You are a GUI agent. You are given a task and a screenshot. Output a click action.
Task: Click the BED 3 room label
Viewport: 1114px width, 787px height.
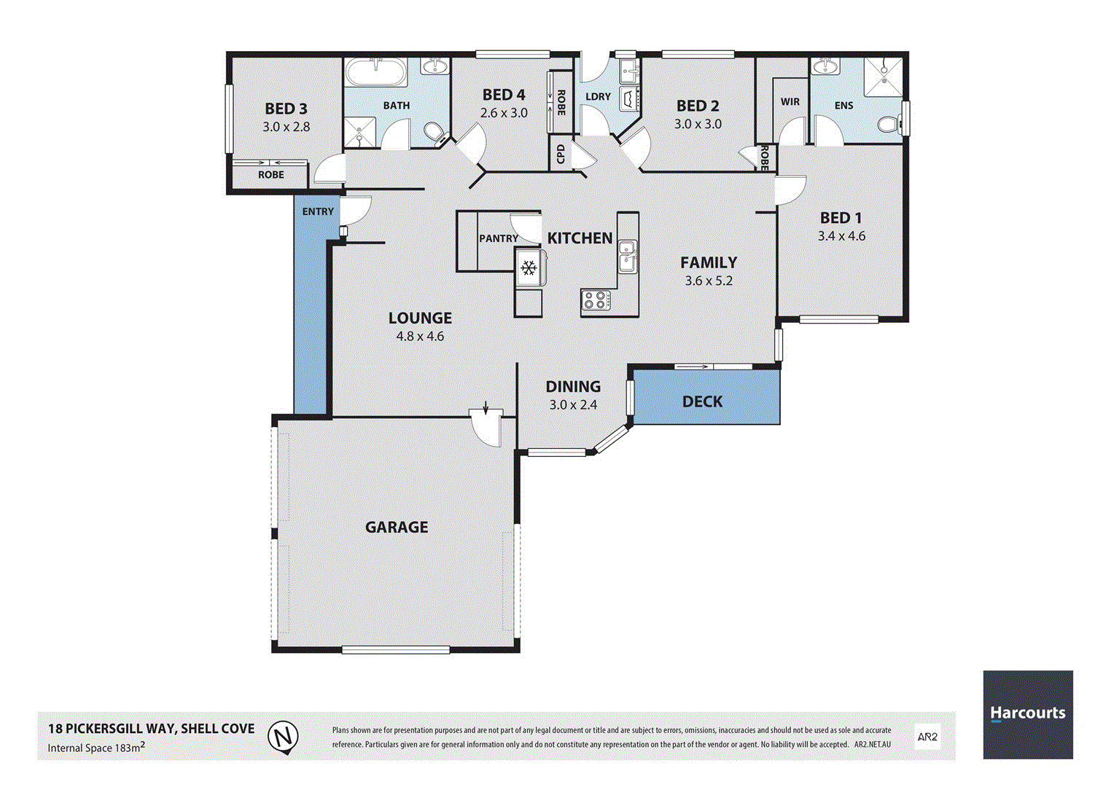coord(286,109)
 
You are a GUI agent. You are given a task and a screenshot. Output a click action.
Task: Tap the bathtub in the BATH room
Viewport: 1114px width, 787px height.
coord(376,73)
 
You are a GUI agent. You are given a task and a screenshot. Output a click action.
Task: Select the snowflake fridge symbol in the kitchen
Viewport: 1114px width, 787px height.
coord(529,268)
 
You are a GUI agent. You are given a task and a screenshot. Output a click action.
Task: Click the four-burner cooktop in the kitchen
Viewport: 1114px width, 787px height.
coord(596,299)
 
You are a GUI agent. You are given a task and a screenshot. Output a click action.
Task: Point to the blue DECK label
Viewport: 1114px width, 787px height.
coord(702,402)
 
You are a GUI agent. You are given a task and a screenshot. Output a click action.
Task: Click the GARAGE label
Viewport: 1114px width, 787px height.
coord(397,527)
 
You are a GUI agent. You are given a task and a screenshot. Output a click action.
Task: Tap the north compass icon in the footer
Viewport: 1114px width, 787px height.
coord(282,736)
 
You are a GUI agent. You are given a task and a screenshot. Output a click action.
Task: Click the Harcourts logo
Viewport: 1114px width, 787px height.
coord(1028,714)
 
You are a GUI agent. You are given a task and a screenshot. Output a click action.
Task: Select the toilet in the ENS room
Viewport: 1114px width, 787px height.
coord(889,125)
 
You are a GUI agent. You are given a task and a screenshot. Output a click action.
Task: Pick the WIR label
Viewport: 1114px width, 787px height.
coord(790,102)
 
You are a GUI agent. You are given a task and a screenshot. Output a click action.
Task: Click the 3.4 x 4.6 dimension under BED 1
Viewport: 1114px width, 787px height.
coord(841,236)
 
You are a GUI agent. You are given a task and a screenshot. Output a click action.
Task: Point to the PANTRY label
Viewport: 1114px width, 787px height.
coord(499,238)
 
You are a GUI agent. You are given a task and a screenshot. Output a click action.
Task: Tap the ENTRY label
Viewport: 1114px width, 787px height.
coord(318,211)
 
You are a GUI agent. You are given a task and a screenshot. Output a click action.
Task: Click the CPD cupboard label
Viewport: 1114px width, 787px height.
coord(561,154)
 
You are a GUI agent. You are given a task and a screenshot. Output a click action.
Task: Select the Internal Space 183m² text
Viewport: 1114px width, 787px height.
coord(96,747)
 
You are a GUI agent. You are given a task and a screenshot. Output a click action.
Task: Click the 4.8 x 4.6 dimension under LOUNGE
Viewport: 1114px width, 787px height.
coord(420,336)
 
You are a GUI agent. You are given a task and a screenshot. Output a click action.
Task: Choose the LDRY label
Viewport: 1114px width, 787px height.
coord(598,96)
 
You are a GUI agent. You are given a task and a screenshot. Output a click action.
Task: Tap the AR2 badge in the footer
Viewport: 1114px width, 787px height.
coord(927,737)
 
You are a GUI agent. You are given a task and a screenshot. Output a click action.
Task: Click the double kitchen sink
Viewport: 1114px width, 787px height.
coord(626,256)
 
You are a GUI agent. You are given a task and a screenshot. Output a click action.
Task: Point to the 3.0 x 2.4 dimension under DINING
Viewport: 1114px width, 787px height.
coord(573,404)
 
